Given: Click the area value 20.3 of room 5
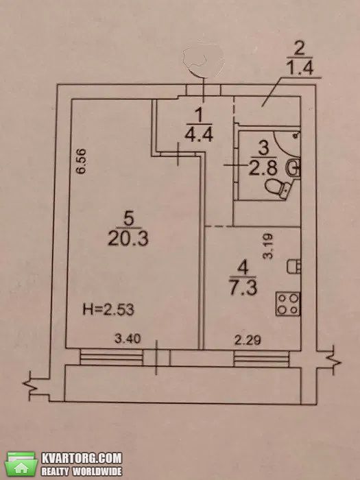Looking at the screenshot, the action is point(128,239).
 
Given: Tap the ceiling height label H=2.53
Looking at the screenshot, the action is point(108,310).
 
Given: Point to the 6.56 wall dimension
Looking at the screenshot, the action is point(82,161).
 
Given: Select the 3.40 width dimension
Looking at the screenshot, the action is point(128,339).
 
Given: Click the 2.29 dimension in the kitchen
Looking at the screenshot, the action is point(248,340).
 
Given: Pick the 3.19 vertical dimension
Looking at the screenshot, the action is point(268,246).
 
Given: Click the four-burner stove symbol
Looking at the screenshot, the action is point(288,304).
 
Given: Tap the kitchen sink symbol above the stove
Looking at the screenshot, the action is point(293,266).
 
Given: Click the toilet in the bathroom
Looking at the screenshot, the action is point(278,187).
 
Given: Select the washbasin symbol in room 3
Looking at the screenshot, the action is point(292,167).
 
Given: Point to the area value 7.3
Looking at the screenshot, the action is point(243,288).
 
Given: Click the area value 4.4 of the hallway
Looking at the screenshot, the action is point(199,134).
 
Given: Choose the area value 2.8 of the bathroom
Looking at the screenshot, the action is point(263,168).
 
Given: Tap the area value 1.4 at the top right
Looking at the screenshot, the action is point(300,68).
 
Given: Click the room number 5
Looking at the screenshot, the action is point(129,219).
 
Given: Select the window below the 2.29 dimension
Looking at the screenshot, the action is point(261,359).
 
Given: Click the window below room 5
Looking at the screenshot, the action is point(111,357).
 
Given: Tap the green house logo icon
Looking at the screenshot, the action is point(21,464).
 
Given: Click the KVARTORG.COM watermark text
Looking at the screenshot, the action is point(82,458).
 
